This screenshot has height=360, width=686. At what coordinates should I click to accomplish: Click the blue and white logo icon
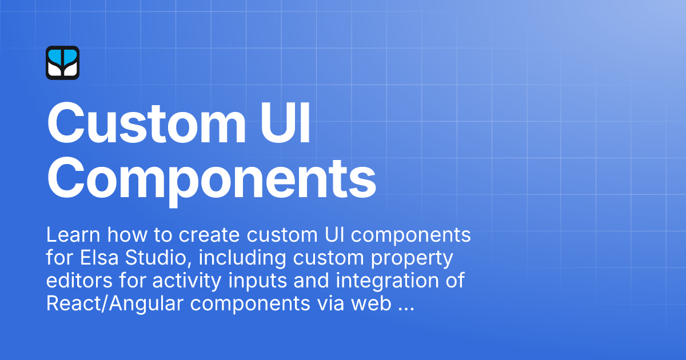62,63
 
